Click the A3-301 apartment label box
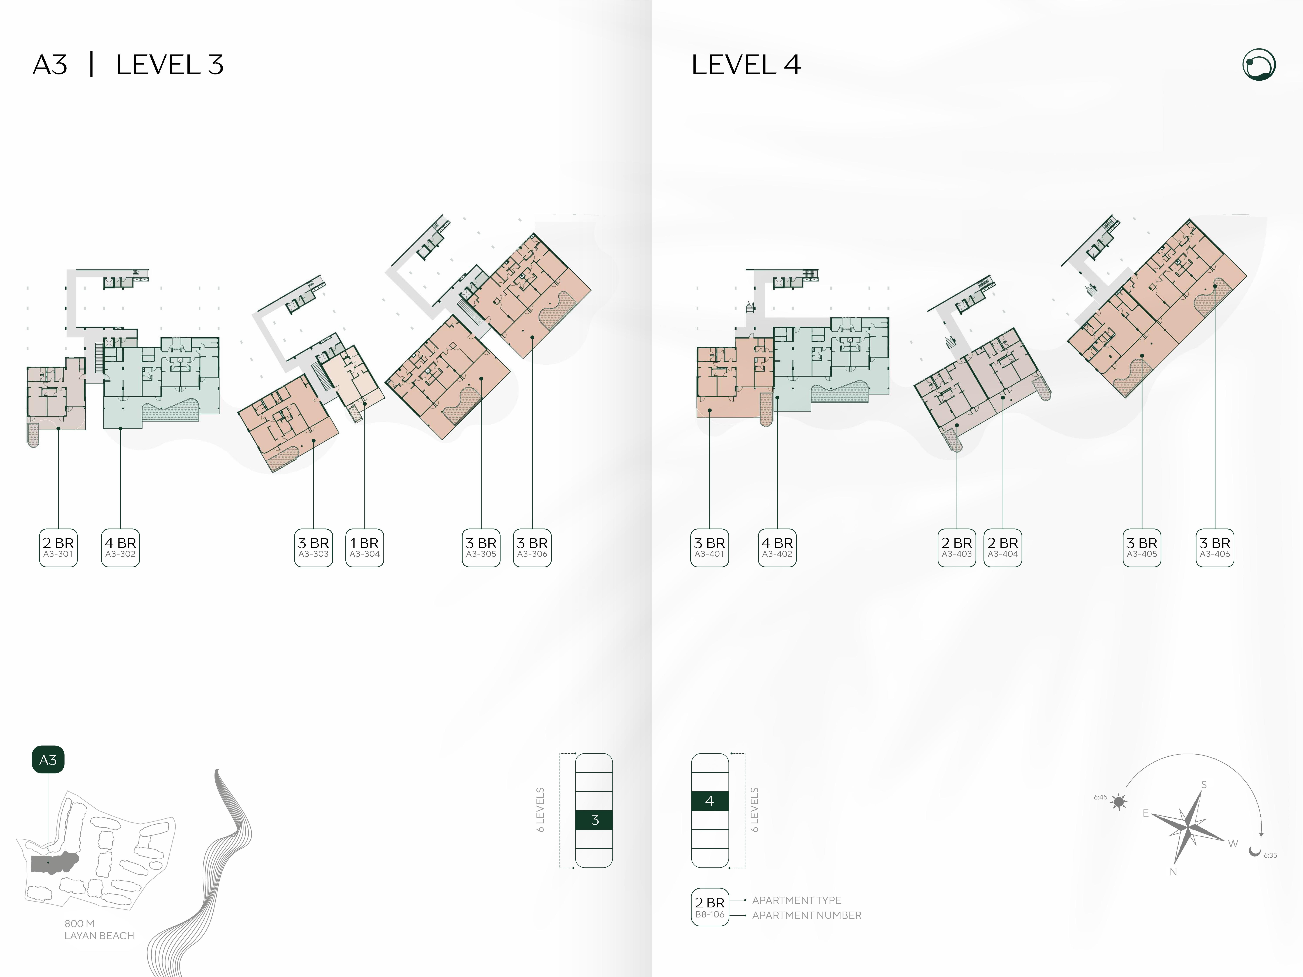[58, 548]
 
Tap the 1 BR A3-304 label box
[365, 548]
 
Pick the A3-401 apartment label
[710, 548]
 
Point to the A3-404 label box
[1003, 548]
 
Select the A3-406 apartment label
[1215, 548]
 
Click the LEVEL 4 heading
[746, 65]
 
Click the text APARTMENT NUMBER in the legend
[806, 915]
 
